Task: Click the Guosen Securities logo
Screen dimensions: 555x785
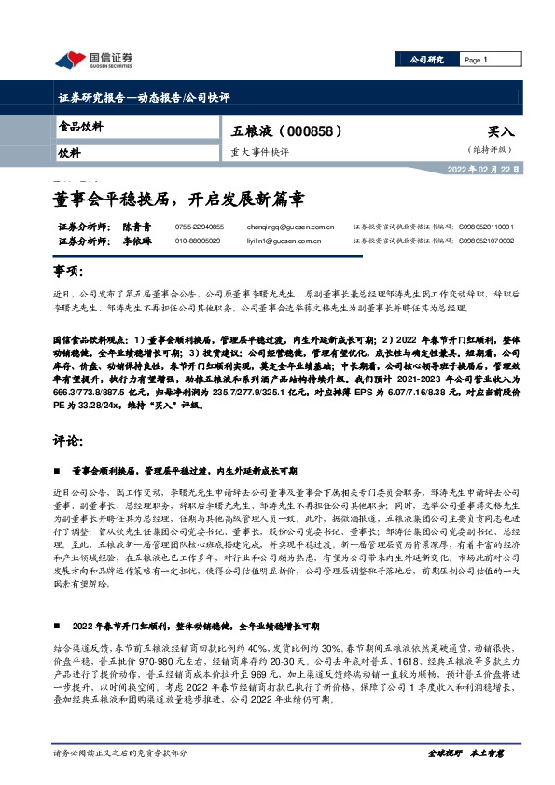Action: (x=93, y=60)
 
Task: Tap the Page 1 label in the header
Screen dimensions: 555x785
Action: (x=476, y=59)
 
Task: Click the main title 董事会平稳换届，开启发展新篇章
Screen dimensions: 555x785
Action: (x=179, y=199)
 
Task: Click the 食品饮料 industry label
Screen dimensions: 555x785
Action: (x=81, y=125)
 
